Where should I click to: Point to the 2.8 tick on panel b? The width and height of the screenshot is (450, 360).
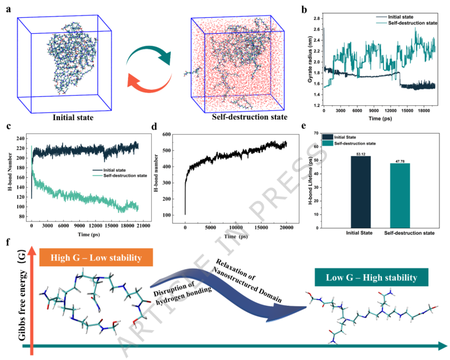[317, 18]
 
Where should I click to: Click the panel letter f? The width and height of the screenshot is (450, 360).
[7, 242]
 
